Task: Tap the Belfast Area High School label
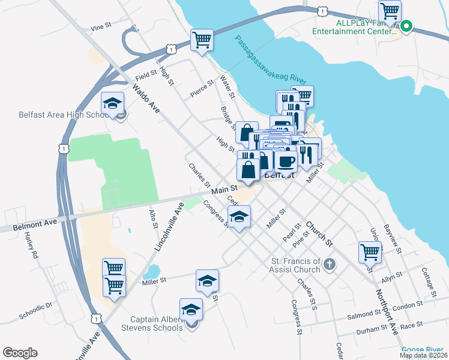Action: pos(62,115)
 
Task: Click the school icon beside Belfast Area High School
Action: pos(112,104)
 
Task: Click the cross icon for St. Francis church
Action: pos(329,263)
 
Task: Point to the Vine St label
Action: pos(100,27)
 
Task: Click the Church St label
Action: pos(319,235)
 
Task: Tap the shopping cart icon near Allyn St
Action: pos(370,251)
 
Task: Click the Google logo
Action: pos(20,353)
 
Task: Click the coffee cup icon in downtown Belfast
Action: pos(286,160)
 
